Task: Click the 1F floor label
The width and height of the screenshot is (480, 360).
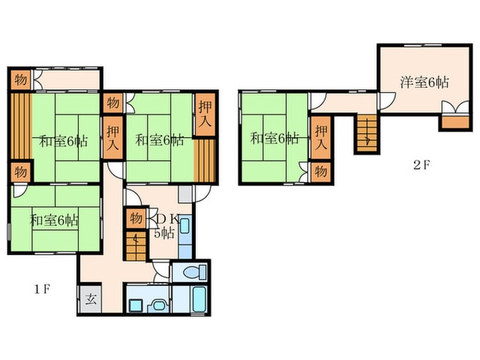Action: (42, 289)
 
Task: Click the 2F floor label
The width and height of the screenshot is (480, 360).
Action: (422, 165)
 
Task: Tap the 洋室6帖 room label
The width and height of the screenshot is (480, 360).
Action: (424, 83)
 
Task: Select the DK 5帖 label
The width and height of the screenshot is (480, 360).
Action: (167, 226)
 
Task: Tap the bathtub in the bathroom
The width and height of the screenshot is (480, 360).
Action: (199, 300)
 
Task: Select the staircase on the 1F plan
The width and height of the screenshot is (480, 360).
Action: (136, 246)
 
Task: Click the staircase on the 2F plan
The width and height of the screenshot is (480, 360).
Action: (368, 134)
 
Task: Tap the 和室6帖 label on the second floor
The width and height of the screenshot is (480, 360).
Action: (274, 139)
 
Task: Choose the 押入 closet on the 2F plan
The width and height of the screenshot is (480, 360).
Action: (321, 137)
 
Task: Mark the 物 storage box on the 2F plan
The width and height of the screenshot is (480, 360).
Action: (321, 172)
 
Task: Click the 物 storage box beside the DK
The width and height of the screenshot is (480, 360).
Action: (136, 218)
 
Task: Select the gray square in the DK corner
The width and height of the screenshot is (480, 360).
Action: (185, 194)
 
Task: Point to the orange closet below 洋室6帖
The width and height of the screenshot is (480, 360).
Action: (455, 122)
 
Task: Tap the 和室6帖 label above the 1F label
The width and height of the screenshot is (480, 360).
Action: (54, 220)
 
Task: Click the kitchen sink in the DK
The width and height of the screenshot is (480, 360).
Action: (184, 226)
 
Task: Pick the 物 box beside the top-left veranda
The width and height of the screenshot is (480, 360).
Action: (21, 80)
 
